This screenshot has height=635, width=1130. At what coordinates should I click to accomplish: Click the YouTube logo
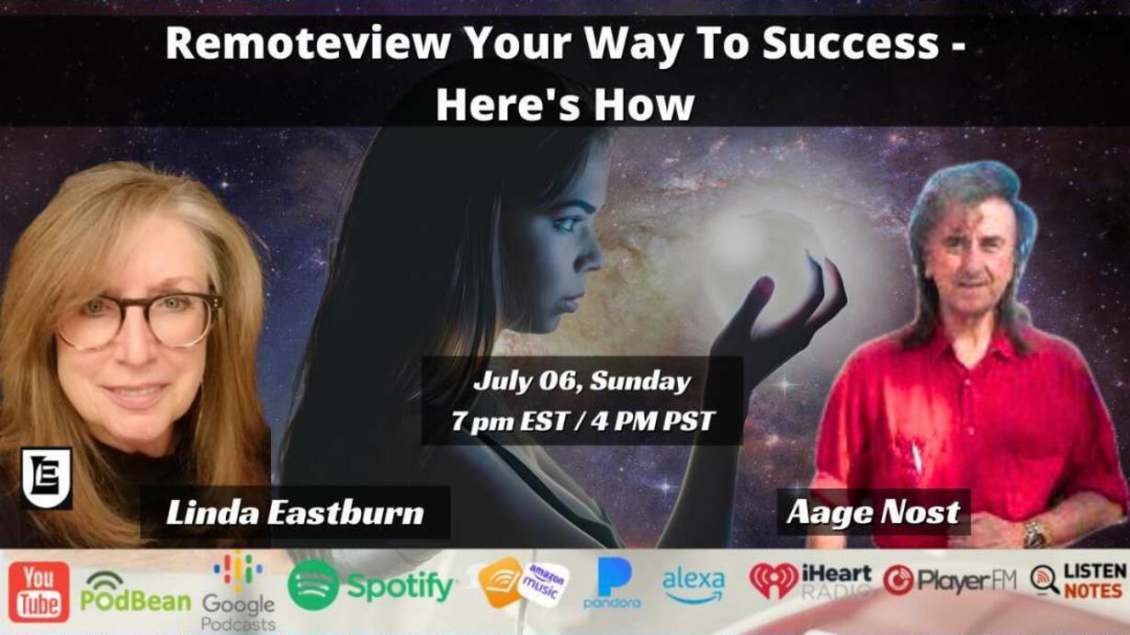pyautogui.click(x=39, y=592)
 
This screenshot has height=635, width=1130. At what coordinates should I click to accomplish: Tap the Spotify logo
pyautogui.click(x=371, y=585)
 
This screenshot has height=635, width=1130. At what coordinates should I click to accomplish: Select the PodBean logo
pyautogui.click(x=135, y=592)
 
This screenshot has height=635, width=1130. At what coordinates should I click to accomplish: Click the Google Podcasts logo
pyautogui.click(x=238, y=593)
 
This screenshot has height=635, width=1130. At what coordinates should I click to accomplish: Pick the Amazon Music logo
pyautogui.click(x=523, y=583)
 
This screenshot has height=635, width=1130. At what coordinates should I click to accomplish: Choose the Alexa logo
pyautogui.click(x=693, y=586)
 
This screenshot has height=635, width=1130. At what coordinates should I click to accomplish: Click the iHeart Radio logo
pyautogui.click(x=810, y=581)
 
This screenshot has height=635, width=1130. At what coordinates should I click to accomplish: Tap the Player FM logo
pyautogui.click(x=949, y=581)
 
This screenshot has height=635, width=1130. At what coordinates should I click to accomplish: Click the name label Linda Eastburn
pyautogui.click(x=295, y=513)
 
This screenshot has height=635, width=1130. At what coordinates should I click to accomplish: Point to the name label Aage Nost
pyautogui.click(x=874, y=512)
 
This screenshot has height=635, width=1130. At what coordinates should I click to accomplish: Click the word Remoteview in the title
pyautogui.click(x=307, y=43)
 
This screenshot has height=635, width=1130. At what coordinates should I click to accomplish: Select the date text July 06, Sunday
pyautogui.click(x=582, y=381)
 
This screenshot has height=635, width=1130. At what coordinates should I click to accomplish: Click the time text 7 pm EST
pyautogui.click(x=510, y=421)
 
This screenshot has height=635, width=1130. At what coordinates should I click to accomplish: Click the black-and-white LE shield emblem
pyautogui.click(x=47, y=478)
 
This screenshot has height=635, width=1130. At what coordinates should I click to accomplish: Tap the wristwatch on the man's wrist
pyautogui.click(x=1034, y=534)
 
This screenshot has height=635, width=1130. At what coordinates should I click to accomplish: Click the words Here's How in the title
pyautogui.click(x=565, y=105)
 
